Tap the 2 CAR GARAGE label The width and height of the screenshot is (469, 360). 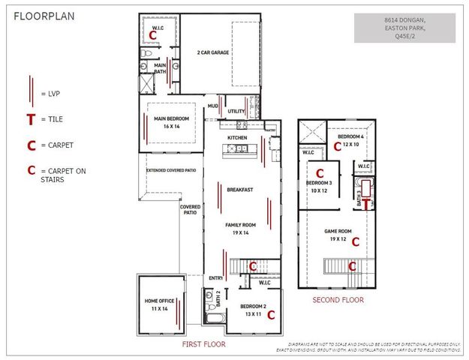click(x=213, y=52)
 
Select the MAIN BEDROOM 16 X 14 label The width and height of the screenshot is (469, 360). click(x=172, y=122)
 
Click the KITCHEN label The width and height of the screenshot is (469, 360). click(x=237, y=138)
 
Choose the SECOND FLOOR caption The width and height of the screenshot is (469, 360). click(x=338, y=300)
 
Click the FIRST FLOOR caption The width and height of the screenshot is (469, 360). click(x=203, y=344)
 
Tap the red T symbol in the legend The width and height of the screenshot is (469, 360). click(x=30, y=119)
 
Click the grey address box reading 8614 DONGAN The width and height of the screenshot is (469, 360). click(x=404, y=28)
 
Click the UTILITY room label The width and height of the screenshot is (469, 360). click(x=236, y=112)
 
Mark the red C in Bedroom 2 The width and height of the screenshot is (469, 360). click(x=271, y=315)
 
